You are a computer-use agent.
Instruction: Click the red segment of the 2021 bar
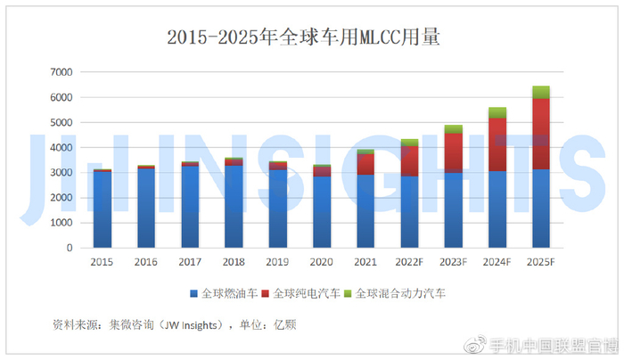tap(365, 165)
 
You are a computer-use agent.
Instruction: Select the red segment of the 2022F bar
tap(409, 161)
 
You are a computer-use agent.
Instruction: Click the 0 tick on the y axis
tap(70, 249)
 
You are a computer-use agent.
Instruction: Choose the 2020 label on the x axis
tap(322, 263)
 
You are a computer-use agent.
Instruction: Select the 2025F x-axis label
tap(541, 263)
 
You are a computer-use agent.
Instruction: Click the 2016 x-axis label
tap(146, 263)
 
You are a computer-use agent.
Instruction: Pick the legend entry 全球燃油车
tap(226, 293)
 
